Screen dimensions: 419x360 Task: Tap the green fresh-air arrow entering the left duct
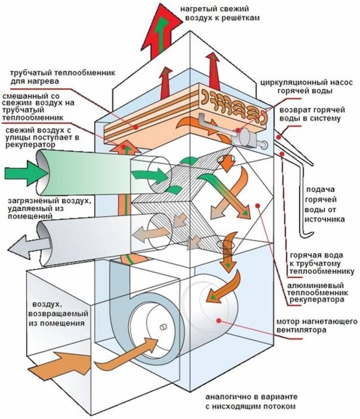[23, 174]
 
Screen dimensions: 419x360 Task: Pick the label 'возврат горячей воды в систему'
[311, 115]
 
